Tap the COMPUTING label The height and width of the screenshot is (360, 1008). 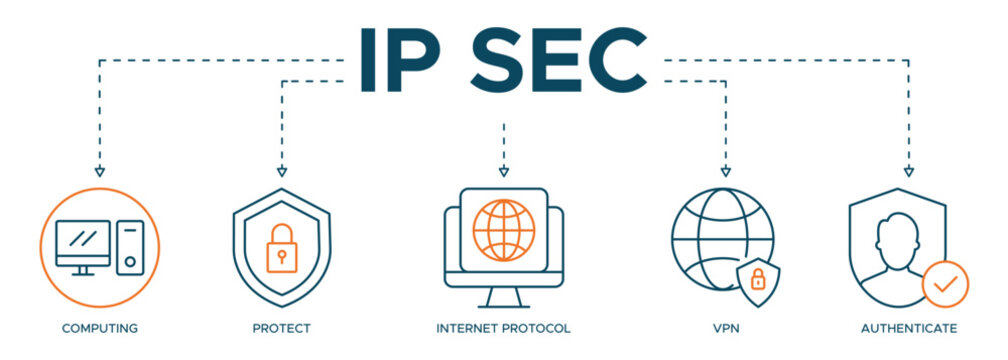click(x=99, y=328)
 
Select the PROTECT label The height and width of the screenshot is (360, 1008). click(x=281, y=328)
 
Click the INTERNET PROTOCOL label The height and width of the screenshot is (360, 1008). click(x=503, y=328)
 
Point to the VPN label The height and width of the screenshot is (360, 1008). click(x=725, y=328)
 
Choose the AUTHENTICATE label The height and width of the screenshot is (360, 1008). click(x=907, y=328)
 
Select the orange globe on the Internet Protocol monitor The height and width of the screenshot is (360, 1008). click(x=503, y=229)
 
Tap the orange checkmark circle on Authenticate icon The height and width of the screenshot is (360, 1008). click(x=944, y=284)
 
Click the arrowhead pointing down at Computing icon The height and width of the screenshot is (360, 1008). click(x=99, y=171)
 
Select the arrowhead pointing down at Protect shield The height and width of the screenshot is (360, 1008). click(x=281, y=171)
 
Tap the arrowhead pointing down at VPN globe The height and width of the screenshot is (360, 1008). click(x=725, y=171)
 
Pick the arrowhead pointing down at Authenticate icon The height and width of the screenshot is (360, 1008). click(x=907, y=171)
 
